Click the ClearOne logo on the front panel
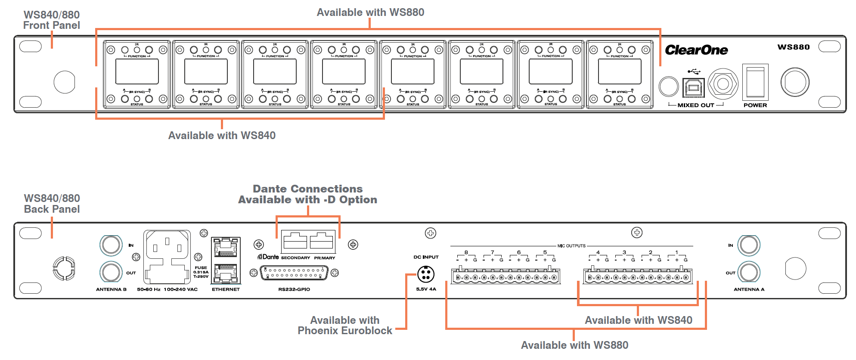pyautogui.click(x=696, y=50)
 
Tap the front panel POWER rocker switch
pyautogui.click(x=755, y=82)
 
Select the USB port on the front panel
pyautogui.click(x=693, y=87)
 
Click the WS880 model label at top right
pyautogui.click(x=794, y=47)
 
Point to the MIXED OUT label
pyautogui.click(x=695, y=105)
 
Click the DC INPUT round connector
pyautogui.click(x=426, y=274)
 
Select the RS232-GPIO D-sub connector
pyautogui.click(x=294, y=273)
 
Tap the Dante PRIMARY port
pyautogui.click(x=322, y=241)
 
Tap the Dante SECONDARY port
pyautogui.click(x=295, y=241)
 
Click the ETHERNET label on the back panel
pyautogui.click(x=226, y=289)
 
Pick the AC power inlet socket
pyautogui.click(x=167, y=257)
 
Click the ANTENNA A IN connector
pyautogui.click(x=749, y=245)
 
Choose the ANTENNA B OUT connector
pyautogui.click(x=111, y=272)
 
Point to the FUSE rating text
pyautogui.click(x=201, y=272)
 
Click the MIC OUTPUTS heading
pyautogui.click(x=571, y=246)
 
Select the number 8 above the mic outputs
pyautogui.click(x=466, y=252)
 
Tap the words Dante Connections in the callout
pyautogui.click(x=307, y=189)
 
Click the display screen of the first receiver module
pyautogui.click(x=137, y=71)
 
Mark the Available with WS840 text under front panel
pyautogui.click(x=222, y=136)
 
